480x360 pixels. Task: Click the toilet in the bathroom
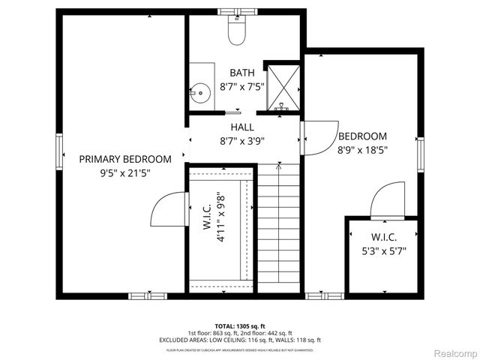(238, 31)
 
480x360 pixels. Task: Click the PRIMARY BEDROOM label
(125, 159)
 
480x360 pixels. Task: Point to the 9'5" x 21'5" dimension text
(125, 172)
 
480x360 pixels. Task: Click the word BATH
(241, 73)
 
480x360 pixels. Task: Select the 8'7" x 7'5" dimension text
(241, 86)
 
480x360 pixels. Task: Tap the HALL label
(241, 127)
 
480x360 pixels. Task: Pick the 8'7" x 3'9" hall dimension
(241, 140)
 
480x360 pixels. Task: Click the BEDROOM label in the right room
(362, 136)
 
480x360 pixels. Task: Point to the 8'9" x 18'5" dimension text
(362, 150)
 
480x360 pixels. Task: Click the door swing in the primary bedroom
(166, 209)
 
